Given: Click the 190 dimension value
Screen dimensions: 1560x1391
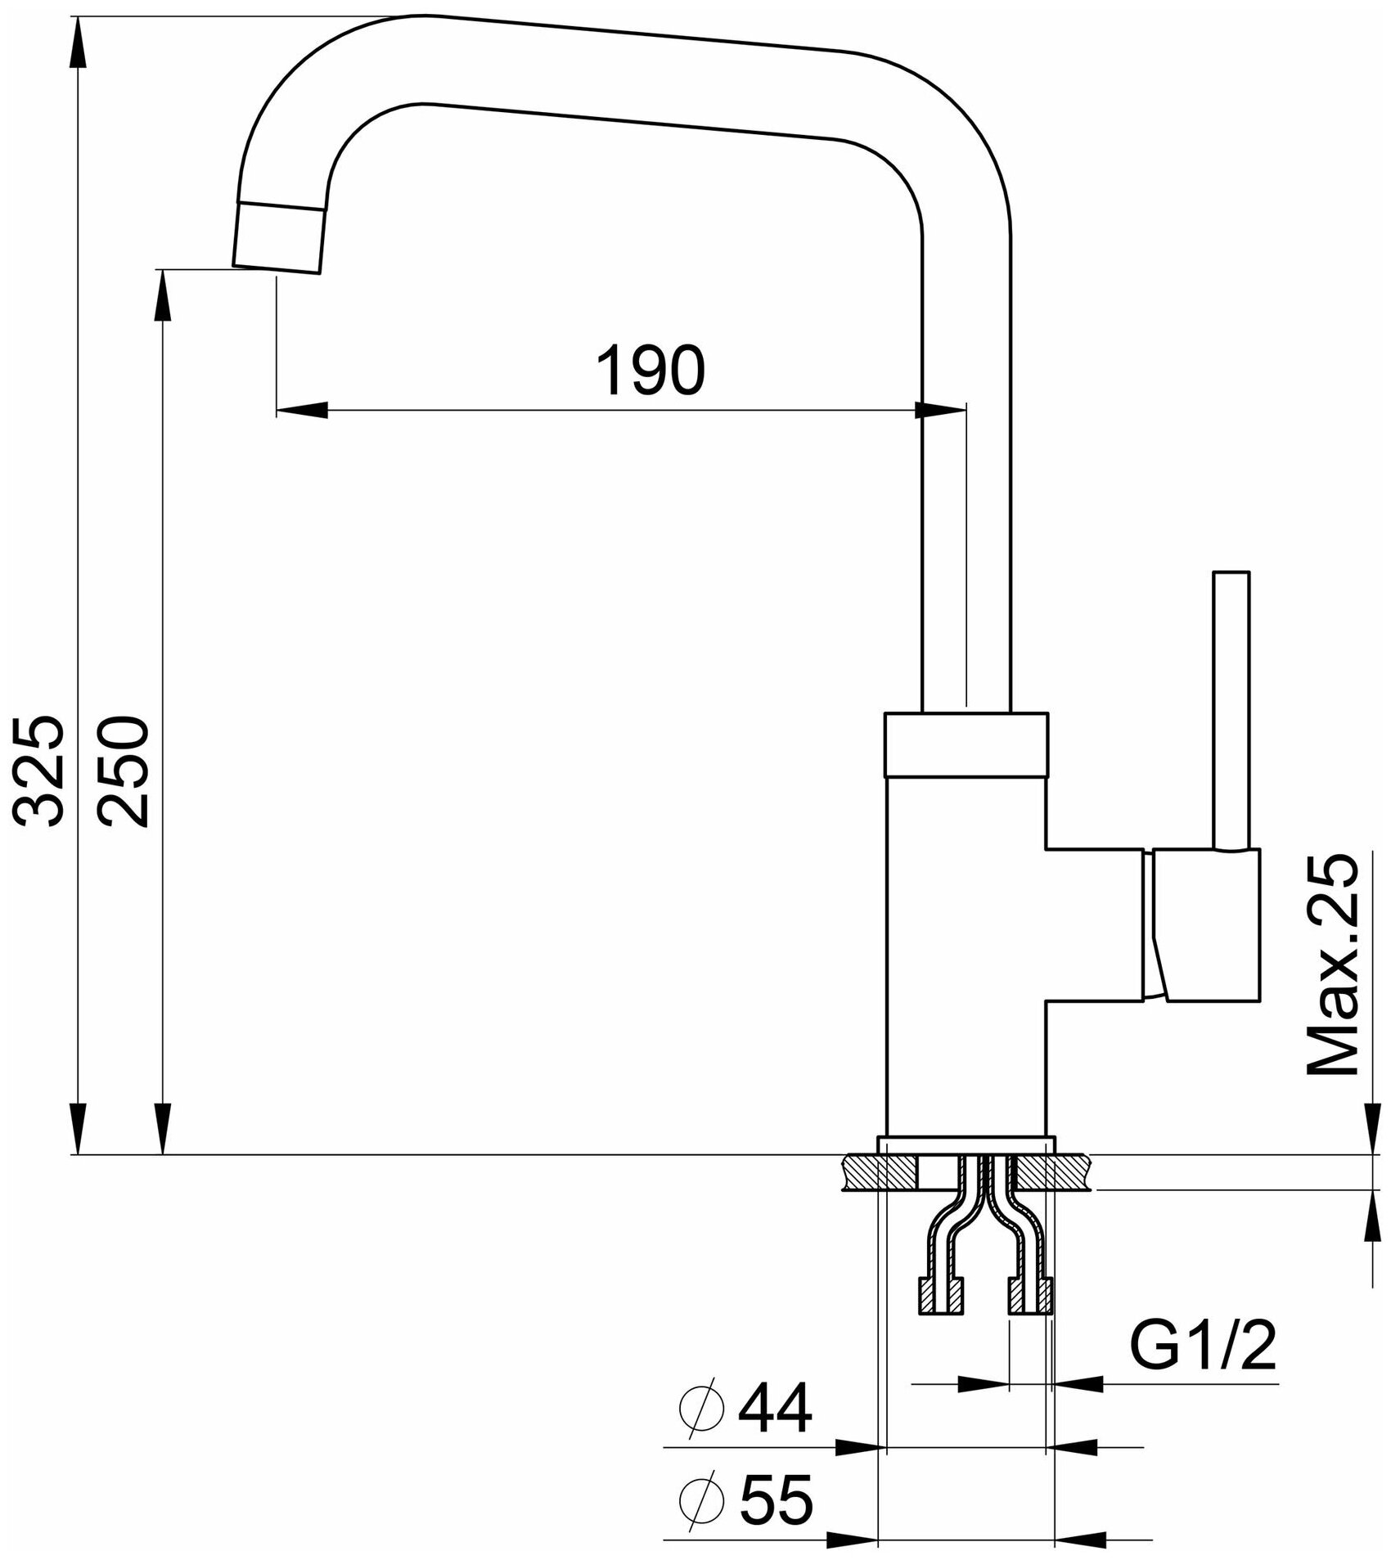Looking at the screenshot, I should pos(650,371).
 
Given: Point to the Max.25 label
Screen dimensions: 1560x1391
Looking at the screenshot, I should pos(1331,965).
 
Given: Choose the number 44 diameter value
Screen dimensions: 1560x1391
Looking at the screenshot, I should pos(774,1409).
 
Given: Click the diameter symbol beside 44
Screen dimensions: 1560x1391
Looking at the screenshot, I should pos(701,1409).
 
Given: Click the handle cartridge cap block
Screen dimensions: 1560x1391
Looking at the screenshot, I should pos(1207,924).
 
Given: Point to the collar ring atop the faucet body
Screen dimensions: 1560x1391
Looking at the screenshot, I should pos(966,743).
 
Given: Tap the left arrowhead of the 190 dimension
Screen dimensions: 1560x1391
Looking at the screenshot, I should pos(303,410).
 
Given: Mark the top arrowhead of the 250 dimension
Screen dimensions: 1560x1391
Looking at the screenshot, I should pos(164,294).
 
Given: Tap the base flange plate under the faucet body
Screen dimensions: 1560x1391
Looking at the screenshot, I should pos(966,1146).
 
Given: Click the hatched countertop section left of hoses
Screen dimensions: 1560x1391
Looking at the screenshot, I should pos(876,1173).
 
